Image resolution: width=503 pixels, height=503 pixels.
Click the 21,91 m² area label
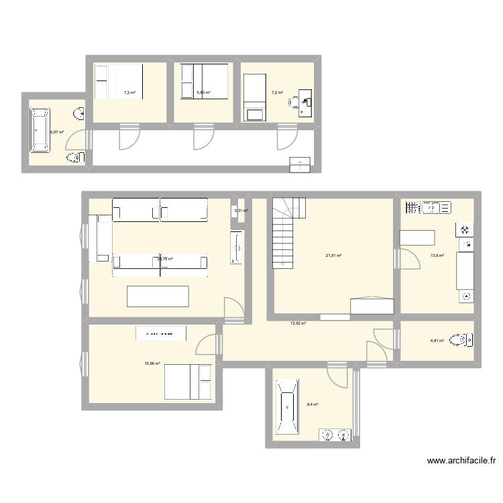pos(333,256)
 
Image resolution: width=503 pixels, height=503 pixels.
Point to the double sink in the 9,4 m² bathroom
pos(336,435)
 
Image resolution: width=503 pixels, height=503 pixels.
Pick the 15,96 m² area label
pos(152,364)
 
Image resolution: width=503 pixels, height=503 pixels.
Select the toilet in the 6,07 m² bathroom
pos(74,158)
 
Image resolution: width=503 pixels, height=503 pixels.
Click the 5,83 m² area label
pos(203,93)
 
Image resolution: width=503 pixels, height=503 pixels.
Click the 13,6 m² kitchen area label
pos(437,256)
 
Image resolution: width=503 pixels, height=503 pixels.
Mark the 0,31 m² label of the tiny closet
pos(241,211)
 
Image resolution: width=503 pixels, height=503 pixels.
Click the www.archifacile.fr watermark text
pos(463,461)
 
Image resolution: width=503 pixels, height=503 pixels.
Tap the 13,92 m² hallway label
pos(298,323)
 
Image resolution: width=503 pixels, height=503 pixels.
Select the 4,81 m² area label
pos(437,341)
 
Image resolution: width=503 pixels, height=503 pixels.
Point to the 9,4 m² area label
pos(313,404)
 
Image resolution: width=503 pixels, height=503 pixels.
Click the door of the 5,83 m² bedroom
pos(200,139)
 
